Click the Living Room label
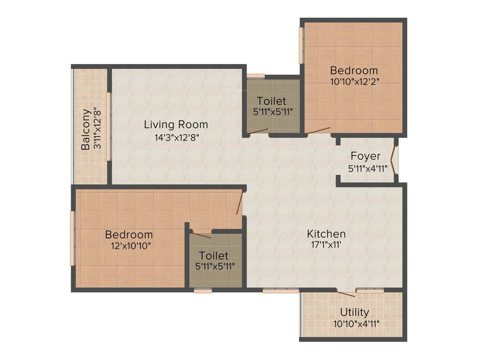(x=176, y=125)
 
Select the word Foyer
(x=366, y=156)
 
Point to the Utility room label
(x=354, y=312)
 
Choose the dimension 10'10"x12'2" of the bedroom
(x=354, y=81)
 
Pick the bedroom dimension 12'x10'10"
(x=128, y=245)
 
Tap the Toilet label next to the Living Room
(x=271, y=101)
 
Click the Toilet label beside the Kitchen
(x=214, y=256)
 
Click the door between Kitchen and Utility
(x=346, y=293)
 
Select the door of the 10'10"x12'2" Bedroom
(x=319, y=130)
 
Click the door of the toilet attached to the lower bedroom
(x=202, y=234)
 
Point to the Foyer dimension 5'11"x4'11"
(x=367, y=168)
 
